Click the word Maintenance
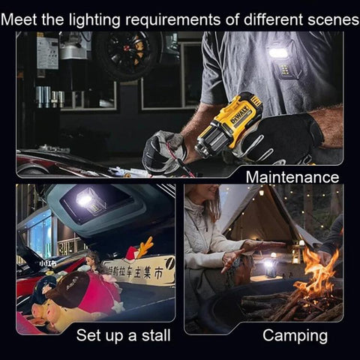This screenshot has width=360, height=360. [x=292, y=177]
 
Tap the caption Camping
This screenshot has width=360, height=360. [x=295, y=335]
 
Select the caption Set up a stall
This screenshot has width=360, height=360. [x=123, y=335]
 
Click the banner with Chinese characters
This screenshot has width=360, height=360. [x=139, y=271]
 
